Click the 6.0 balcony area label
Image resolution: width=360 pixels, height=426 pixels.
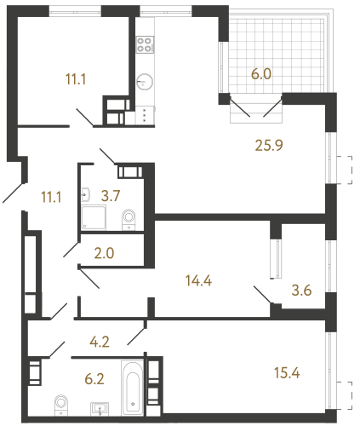260,74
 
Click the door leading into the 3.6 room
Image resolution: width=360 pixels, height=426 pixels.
263,295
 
